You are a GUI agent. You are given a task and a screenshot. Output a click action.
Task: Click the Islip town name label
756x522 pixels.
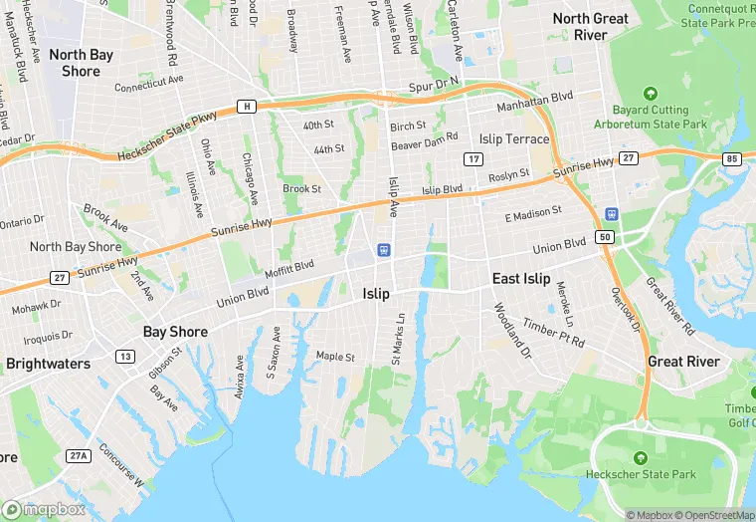[x=376, y=294]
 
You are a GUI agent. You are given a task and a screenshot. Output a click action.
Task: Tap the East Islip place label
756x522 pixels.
[x=521, y=279]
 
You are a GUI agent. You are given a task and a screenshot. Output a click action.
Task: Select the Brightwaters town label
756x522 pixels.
[x=49, y=364]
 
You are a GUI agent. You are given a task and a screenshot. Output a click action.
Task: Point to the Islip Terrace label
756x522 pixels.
[x=513, y=138]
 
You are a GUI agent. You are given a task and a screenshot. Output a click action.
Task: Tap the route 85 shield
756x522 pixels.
[x=733, y=158]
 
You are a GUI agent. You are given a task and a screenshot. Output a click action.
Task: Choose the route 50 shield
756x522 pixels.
[x=604, y=237]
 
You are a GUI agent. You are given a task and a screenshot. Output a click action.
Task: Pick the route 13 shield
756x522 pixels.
[x=124, y=356]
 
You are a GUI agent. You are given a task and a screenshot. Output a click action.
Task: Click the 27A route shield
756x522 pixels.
[x=79, y=455]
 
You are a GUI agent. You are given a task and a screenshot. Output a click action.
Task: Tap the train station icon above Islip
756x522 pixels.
[x=383, y=250]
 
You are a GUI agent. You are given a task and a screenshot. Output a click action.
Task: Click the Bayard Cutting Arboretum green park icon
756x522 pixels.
[x=651, y=93]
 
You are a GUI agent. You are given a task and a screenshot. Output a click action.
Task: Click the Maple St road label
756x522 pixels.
[x=335, y=356]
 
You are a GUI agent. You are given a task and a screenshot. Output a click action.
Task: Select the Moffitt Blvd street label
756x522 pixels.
[x=289, y=266]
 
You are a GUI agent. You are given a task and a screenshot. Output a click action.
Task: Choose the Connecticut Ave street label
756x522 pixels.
[x=151, y=87]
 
